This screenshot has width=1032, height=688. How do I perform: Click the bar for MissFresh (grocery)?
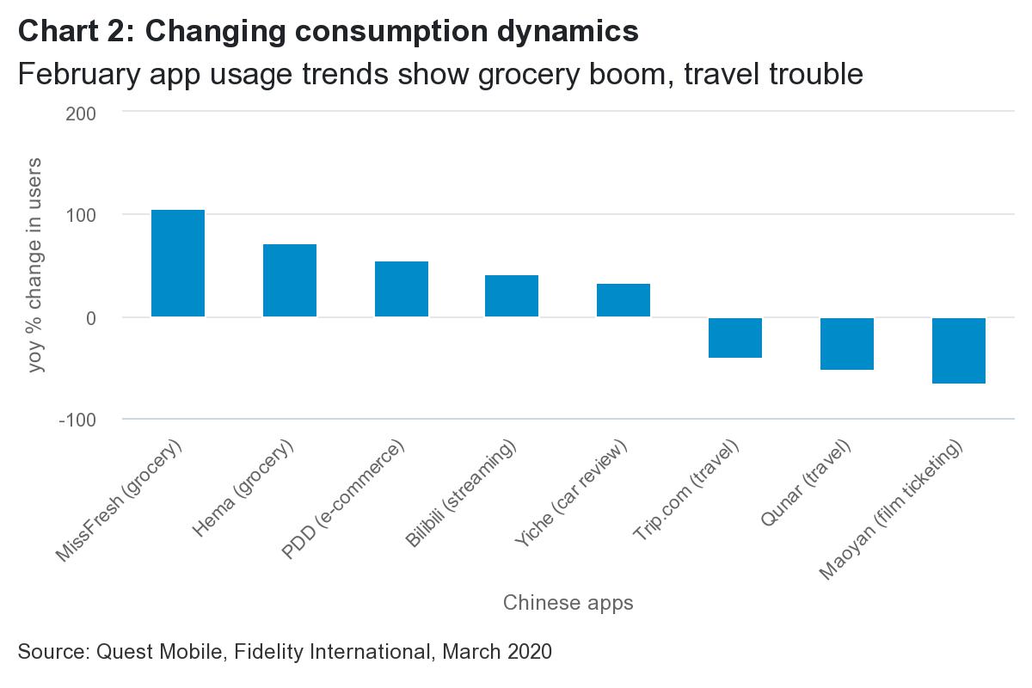(x=178, y=263)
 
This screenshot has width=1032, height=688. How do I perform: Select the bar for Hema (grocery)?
(x=290, y=280)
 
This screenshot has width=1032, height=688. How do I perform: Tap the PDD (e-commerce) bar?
(x=402, y=289)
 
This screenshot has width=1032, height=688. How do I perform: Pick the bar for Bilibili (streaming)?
(x=512, y=296)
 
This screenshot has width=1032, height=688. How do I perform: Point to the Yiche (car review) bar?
(x=623, y=300)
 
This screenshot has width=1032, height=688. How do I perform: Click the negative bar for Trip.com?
(x=735, y=337)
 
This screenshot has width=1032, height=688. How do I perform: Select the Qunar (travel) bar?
(x=847, y=343)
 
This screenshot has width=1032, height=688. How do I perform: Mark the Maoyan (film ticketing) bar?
(x=959, y=350)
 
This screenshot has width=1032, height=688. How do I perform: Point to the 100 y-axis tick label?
(x=81, y=215)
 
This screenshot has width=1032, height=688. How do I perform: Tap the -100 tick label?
(x=77, y=420)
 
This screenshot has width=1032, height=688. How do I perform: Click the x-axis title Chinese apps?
(x=568, y=603)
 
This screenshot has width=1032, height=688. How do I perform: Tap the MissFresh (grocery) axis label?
(x=120, y=503)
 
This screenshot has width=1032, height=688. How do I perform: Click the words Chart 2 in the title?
(x=72, y=32)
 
